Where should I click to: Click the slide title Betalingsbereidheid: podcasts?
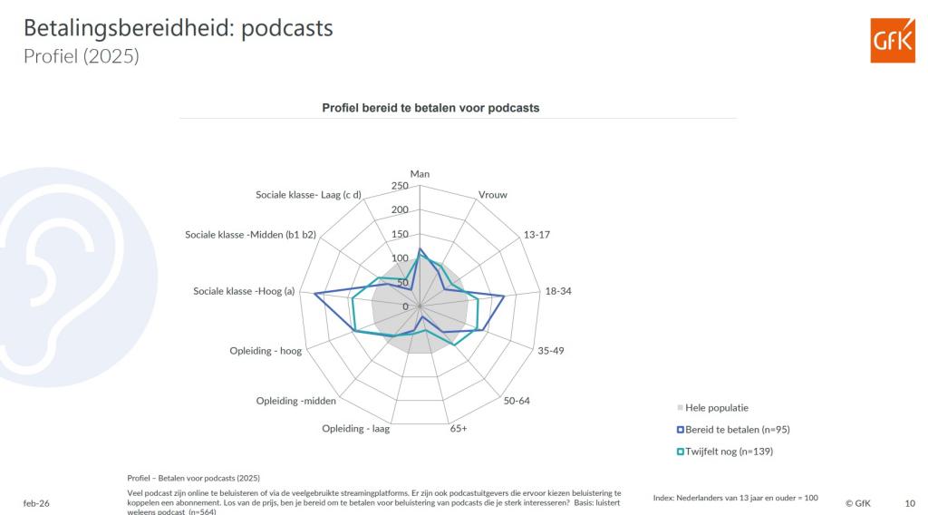coord(179,29)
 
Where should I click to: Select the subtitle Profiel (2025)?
coord(82,56)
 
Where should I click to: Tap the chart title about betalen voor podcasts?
coord(430,108)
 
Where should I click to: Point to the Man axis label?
coord(420,174)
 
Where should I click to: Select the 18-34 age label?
coord(557,291)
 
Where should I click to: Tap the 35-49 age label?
coord(551,350)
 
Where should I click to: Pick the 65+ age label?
coord(459,428)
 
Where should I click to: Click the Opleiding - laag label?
coord(355,428)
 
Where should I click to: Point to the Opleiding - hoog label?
coord(266,352)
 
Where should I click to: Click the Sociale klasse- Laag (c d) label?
coord(308,195)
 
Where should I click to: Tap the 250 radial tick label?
coord(400,186)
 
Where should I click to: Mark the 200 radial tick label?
coord(400,210)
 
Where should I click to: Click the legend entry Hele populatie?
coord(718,408)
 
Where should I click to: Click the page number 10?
coord(910,500)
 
